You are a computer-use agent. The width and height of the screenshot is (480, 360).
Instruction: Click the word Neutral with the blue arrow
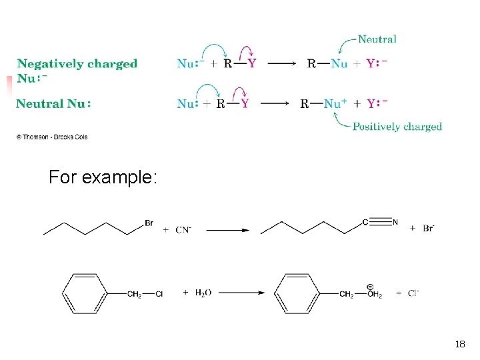377,39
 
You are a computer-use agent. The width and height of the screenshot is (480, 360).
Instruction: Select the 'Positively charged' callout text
397,127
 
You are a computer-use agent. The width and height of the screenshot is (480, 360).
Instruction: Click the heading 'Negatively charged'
77,64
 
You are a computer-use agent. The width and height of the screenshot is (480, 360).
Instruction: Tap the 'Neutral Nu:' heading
53,103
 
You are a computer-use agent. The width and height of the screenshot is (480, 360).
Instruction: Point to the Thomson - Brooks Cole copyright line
52,137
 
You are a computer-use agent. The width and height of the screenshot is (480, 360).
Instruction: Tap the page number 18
459,345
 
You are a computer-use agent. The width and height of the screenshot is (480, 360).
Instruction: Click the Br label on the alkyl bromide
149,223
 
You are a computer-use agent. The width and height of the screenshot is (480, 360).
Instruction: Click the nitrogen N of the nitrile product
395,222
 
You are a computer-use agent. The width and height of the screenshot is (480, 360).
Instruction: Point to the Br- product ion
428,228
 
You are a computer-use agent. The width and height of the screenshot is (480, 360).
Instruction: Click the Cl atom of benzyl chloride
159,293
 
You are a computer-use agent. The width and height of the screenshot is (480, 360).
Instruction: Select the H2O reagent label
203,293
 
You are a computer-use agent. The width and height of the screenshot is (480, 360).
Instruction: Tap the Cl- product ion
413,293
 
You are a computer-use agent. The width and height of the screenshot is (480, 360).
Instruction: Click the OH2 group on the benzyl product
373,294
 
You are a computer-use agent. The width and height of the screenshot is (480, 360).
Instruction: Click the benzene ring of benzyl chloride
85,293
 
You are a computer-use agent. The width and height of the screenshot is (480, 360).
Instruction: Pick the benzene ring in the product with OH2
298,293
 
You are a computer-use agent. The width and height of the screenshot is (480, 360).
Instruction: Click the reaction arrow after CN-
227,230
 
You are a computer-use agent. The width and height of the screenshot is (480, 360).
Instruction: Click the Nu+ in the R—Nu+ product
335,103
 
